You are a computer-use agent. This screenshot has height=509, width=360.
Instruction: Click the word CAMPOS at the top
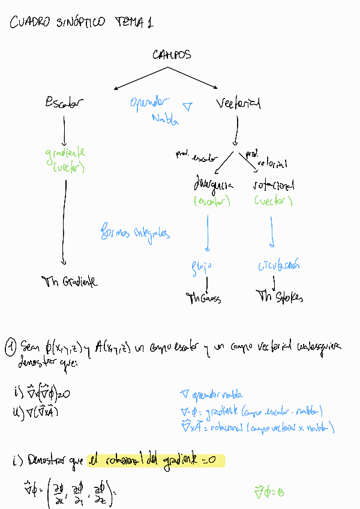coord(172,55)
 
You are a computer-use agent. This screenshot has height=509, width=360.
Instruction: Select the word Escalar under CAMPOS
coord(64,103)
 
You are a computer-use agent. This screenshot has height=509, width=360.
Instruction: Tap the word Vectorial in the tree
coord(238,104)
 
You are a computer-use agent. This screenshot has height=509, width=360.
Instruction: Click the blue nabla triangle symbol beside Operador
coord(187,107)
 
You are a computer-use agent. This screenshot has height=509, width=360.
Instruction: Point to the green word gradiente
coord(65,153)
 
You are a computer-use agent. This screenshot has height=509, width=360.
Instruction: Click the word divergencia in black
coord(213,184)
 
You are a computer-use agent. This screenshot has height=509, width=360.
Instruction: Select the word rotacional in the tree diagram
coord(274,184)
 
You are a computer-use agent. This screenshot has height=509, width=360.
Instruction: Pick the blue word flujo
coord(202,265)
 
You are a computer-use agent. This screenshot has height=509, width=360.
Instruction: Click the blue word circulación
coord(279,265)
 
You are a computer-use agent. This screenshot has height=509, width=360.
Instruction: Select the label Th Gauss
coord(204,297)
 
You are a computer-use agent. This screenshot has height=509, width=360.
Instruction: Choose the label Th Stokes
coord(280,296)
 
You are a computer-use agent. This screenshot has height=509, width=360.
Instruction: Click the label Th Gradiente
coord(70,281)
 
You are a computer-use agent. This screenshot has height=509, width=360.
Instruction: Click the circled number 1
coord(10,347)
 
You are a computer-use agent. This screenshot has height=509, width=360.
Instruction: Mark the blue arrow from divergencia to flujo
coord(208,233)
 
